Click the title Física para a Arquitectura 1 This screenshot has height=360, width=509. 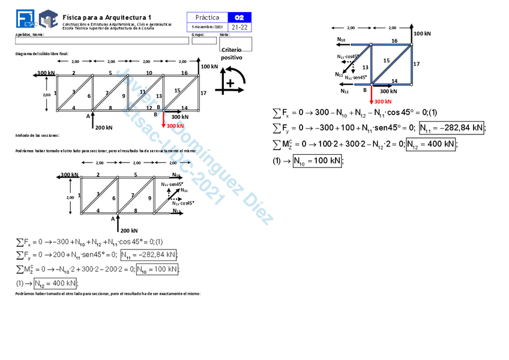pos(107,17)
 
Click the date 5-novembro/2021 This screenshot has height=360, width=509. pos(206,27)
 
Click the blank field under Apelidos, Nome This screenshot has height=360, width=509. pos(101,41)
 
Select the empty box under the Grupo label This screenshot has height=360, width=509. pos(203,41)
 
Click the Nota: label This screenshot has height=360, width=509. pos(225,34)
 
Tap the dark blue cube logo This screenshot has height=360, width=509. pos(48,19)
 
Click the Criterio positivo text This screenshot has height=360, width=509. pos(232,54)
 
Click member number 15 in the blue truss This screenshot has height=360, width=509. pos(386,60)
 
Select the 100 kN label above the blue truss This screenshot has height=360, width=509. pos(423,34)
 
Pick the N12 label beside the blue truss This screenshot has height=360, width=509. pos(345,91)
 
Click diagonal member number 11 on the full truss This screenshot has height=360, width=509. pos(142,91)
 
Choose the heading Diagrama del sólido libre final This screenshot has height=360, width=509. pos(42,54)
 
